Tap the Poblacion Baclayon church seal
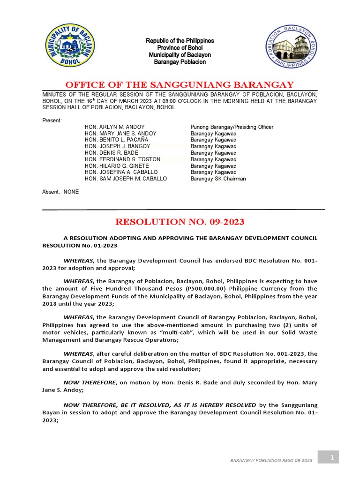tap(292, 47)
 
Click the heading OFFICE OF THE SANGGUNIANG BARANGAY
tap(180, 85)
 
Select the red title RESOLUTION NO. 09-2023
tap(180, 222)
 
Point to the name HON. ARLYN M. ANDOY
tap(114, 127)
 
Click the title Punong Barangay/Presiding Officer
tap(232, 127)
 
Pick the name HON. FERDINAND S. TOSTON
tap(122, 159)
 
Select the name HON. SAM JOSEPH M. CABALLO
tap(126, 179)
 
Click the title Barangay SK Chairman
tap(218, 179)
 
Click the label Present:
tap(52, 120)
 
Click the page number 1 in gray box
tap(331, 457)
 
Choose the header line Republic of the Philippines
tap(180, 41)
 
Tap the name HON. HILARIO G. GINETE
tap(117, 166)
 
